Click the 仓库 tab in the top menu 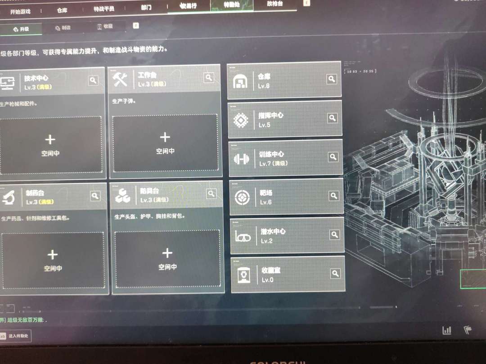tap(62, 9)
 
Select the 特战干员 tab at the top tap(104, 9)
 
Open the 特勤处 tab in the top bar tap(231, 5)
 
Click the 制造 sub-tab tap(63, 28)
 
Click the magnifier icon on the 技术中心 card tap(93, 80)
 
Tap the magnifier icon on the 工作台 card tap(209, 78)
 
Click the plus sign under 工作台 tap(165, 137)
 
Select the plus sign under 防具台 tap(167, 253)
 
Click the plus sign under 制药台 tap(52, 255)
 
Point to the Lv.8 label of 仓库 tap(264, 85)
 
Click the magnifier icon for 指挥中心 tap(332, 118)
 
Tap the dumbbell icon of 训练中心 tap(242, 159)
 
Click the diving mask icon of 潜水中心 tap(243, 237)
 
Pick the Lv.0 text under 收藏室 tap(267, 280)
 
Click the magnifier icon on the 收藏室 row tap(335, 273)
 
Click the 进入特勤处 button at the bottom tap(18, 336)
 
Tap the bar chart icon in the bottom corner tap(447, 330)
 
